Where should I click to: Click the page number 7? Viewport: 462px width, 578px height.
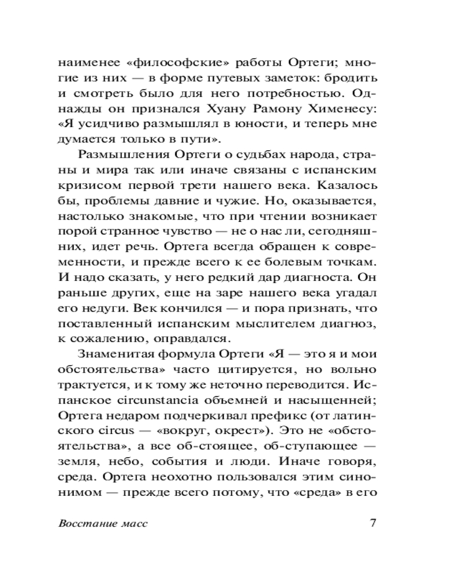pyautogui.click(x=372, y=524)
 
